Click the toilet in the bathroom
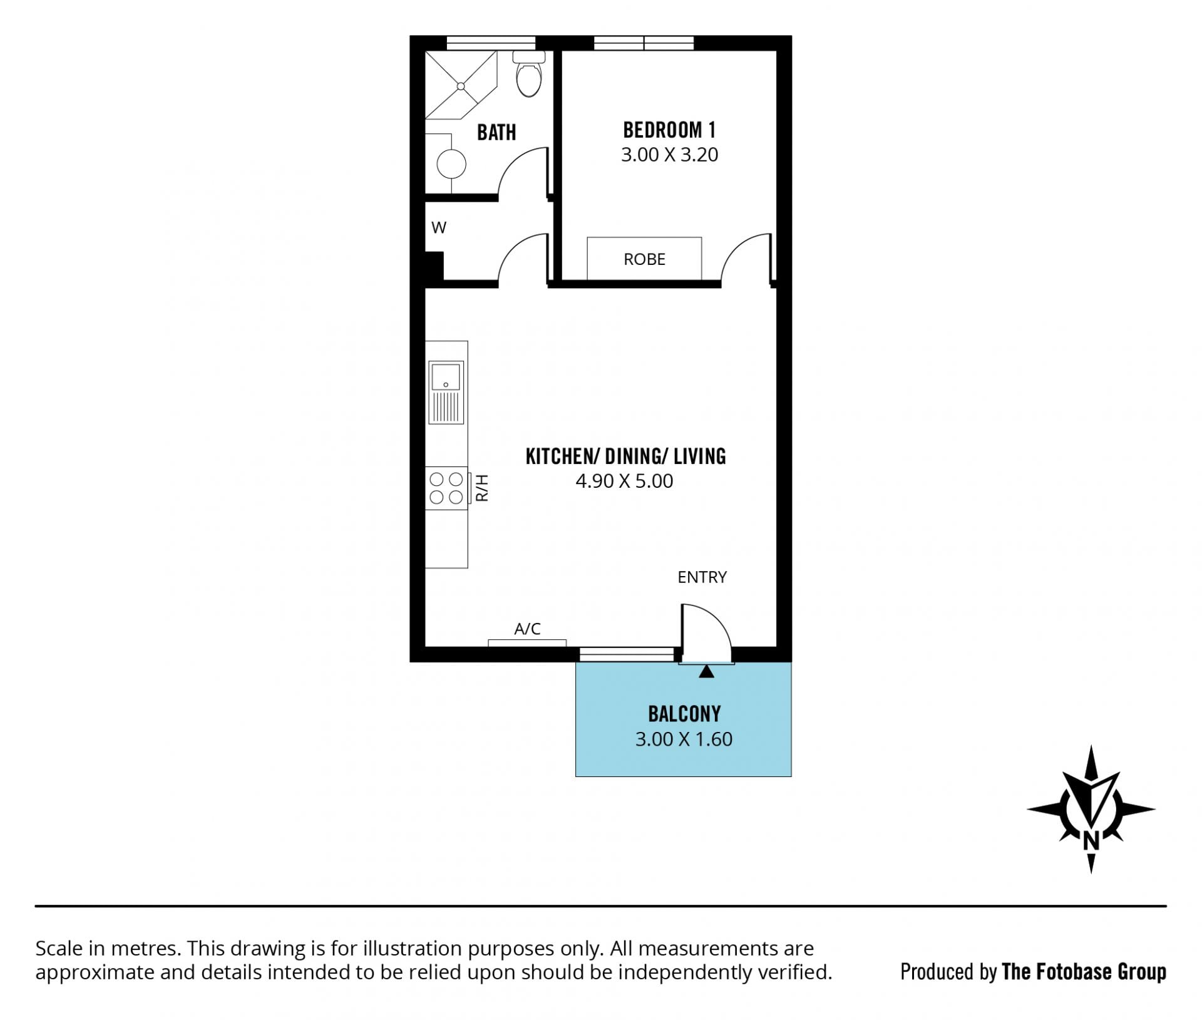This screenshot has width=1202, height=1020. [x=529, y=74]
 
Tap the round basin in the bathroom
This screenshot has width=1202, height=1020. [x=451, y=165]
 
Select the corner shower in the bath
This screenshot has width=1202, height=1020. [x=461, y=85]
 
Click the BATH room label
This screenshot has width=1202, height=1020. [x=496, y=132]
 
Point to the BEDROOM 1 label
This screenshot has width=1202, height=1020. [x=669, y=130]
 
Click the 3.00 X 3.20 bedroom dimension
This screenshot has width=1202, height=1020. [x=669, y=155]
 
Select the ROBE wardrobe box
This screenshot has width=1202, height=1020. [x=644, y=259]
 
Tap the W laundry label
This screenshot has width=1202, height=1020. [x=439, y=227]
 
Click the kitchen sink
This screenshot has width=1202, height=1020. [x=446, y=392]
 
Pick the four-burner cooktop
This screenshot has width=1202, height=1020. [x=446, y=488]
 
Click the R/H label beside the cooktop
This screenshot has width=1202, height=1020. [x=482, y=488]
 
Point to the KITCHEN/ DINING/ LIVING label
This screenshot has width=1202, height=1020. [x=625, y=456]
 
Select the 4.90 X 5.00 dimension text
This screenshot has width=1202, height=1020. [x=624, y=481]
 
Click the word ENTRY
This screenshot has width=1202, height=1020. [x=702, y=577]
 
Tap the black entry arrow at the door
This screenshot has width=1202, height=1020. [x=706, y=671]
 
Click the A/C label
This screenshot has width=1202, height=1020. [x=527, y=629]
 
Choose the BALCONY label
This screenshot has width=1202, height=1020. [x=684, y=714]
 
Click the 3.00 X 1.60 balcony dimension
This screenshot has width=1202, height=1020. [x=684, y=739]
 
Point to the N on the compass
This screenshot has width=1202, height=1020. [x=1091, y=840]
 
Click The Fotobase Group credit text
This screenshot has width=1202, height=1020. [x=1084, y=972]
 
